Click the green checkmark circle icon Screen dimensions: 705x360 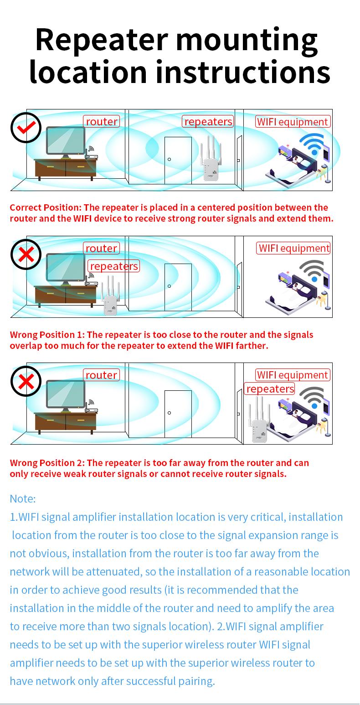pyautogui.click(x=26, y=128)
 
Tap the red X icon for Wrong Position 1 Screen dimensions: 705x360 pyautogui.click(x=26, y=254)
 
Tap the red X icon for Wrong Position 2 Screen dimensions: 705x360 pyautogui.click(x=26, y=381)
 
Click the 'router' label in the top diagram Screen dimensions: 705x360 pyautogui.click(x=102, y=121)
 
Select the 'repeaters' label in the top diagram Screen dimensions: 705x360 pyautogui.click(x=208, y=121)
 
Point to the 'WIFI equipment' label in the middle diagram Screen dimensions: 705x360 pyautogui.click(x=293, y=248)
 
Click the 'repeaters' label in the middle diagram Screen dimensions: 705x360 pyautogui.click(x=113, y=266)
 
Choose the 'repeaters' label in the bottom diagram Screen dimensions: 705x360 pyautogui.click(x=270, y=389)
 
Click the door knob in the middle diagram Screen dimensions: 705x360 pyautogui.click(x=170, y=286)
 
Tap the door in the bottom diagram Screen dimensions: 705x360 pyautogui.click(x=178, y=414)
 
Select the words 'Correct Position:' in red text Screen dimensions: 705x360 pyautogui.click(x=46, y=207)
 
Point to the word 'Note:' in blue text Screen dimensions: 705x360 pyautogui.click(x=22, y=498)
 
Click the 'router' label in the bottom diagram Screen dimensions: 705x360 pyautogui.click(x=102, y=375)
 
